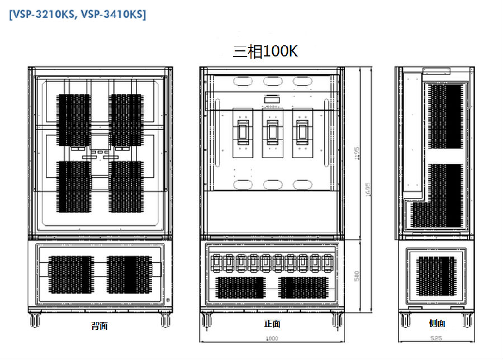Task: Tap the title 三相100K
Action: coord(265,51)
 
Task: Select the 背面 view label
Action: coord(99,325)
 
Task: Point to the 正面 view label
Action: coord(272,324)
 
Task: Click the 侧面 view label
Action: coord(437,323)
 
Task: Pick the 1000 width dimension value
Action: coord(272,338)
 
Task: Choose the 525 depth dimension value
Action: coord(438,338)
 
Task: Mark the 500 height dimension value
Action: coord(356,276)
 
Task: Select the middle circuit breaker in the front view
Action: coord(272,132)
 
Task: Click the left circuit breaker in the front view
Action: coord(242,132)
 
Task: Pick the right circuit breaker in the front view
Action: coord(302,132)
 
